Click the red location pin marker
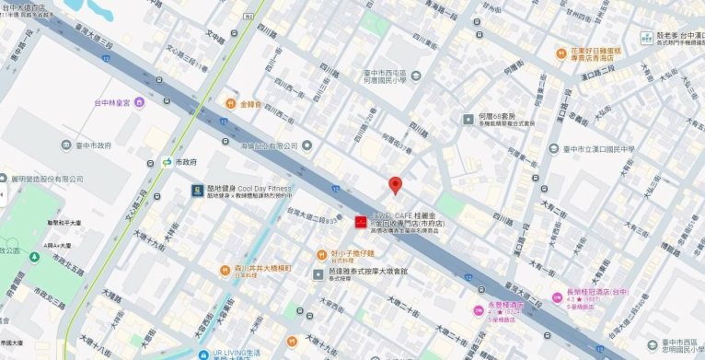tap(396, 184)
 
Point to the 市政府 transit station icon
tap(167, 162)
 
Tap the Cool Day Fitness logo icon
tap(196, 191)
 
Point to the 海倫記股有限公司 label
tap(267, 145)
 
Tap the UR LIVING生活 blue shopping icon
tap(203, 354)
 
